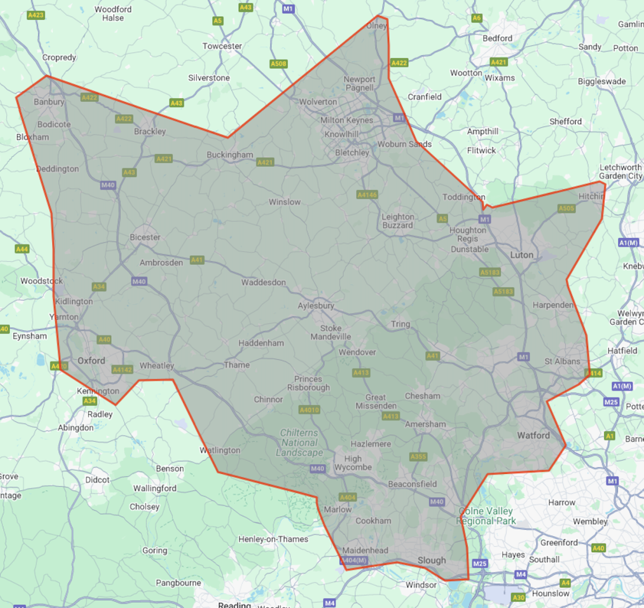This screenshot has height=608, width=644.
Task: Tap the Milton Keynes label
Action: [x=347, y=120]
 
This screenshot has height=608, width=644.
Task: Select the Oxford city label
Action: [x=91, y=360]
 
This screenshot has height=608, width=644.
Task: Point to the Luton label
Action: [x=522, y=255]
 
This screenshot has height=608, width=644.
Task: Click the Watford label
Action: [x=533, y=435]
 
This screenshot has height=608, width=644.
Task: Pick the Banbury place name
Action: [x=49, y=102]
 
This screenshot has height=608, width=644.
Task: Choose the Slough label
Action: [x=431, y=560]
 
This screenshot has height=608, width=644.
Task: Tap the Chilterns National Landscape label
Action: [x=299, y=443]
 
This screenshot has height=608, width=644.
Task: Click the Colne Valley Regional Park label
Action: [x=486, y=516]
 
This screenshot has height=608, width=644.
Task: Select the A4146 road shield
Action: [x=367, y=195]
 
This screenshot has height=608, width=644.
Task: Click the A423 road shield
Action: [x=36, y=15]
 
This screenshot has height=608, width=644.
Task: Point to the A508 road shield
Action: [x=278, y=64]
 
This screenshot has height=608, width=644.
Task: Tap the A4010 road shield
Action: [x=309, y=410]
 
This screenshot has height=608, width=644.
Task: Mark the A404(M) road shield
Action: [x=354, y=560]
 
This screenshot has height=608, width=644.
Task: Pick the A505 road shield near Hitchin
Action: [x=566, y=208]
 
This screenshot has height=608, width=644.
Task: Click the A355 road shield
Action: [x=418, y=457]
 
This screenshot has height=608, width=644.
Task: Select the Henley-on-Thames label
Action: [x=273, y=539]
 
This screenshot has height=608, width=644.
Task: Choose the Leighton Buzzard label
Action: [x=397, y=221]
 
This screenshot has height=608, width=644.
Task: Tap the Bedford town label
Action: [x=497, y=38]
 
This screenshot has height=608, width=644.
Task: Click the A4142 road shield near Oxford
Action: [x=122, y=369]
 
